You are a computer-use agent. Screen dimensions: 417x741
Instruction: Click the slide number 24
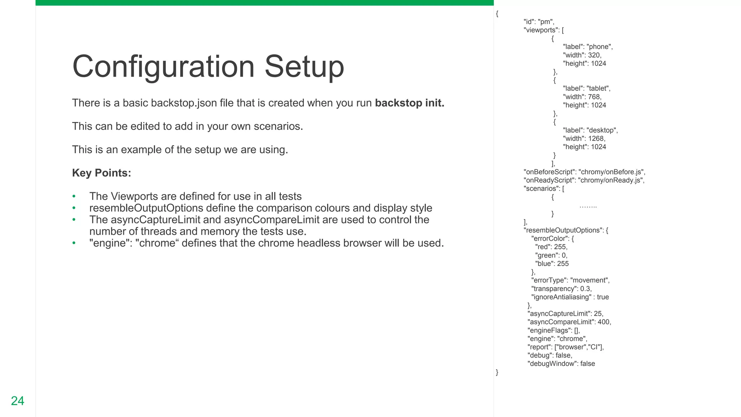[x=17, y=401]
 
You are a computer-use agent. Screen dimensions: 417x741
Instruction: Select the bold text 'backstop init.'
[x=410, y=103]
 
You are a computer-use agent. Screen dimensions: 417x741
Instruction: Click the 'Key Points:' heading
[x=101, y=173]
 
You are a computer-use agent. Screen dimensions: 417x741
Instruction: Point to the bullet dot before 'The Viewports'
[x=74, y=197]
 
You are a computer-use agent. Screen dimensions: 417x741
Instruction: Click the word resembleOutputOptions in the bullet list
[x=146, y=208]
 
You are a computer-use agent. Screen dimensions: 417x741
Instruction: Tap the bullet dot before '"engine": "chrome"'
[x=74, y=243]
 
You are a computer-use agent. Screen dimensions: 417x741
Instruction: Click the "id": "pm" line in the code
[x=539, y=22]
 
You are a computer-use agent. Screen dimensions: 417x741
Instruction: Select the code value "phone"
[x=599, y=47]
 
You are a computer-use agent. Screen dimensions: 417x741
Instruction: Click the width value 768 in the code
[x=594, y=97]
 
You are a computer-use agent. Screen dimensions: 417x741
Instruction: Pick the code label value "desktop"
[x=602, y=130]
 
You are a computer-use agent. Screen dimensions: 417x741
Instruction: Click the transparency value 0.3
[x=585, y=289]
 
